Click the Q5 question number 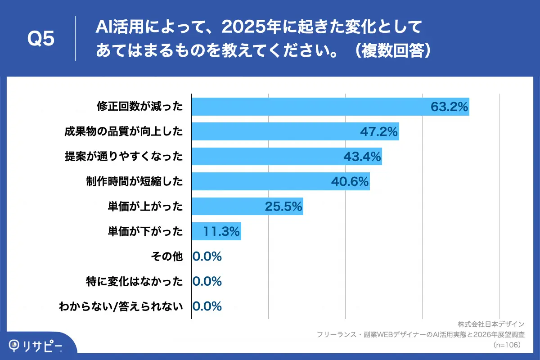coord(41,39)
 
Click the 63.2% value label coord(450,107)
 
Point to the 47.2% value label coord(379,131)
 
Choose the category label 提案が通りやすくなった coord(124,156)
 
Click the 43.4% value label coord(362,156)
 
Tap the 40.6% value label coord(350,181)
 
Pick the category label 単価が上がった coord(145,206)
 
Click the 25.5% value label coord(283,206)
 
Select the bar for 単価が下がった coord(216,231)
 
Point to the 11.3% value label coord(221,231)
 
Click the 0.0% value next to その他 coord(207,256)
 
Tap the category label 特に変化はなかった coord(135,282)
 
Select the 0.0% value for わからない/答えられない coord(207,306)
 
